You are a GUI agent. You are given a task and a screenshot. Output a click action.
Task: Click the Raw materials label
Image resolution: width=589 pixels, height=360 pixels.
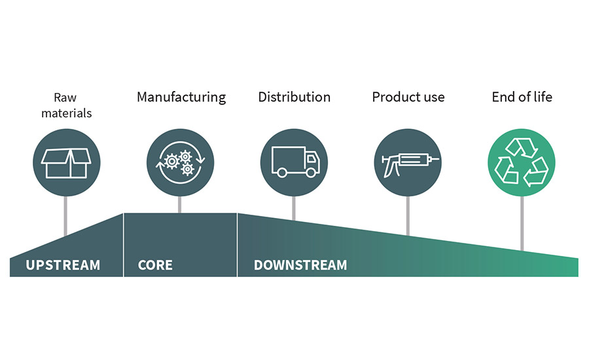[66, 105]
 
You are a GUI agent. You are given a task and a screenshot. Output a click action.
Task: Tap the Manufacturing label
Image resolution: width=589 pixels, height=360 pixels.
[181, 98]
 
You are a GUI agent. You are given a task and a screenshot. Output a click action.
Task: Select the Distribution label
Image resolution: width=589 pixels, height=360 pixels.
[294, 98]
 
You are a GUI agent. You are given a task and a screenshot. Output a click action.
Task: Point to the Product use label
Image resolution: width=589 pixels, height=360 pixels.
[408, 98]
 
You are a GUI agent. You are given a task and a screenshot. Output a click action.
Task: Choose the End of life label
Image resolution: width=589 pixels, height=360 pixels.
[522, 98]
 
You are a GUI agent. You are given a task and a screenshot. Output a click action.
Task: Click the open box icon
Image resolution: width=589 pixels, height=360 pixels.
[66, 162]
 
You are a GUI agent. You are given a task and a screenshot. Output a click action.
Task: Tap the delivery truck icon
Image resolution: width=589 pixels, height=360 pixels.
[294, 162]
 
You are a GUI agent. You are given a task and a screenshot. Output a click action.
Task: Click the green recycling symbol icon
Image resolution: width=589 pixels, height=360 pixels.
[522, 162]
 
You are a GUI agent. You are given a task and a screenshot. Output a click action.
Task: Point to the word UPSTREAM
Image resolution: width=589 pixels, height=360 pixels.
[63, 265]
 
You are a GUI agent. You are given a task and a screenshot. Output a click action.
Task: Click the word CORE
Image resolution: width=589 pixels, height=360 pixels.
[155, 265]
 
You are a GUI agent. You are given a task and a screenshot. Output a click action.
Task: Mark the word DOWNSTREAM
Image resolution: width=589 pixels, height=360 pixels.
[300, 265]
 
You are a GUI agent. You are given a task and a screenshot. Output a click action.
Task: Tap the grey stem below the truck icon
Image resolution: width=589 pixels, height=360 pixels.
[294, 207]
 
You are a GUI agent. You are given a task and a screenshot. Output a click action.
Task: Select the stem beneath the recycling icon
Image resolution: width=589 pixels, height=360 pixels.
[522, 223]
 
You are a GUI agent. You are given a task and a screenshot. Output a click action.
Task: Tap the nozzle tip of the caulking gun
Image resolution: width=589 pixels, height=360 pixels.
[437, 159]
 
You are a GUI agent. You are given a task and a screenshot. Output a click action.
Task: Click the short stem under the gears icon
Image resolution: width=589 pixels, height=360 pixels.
[180, 204]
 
